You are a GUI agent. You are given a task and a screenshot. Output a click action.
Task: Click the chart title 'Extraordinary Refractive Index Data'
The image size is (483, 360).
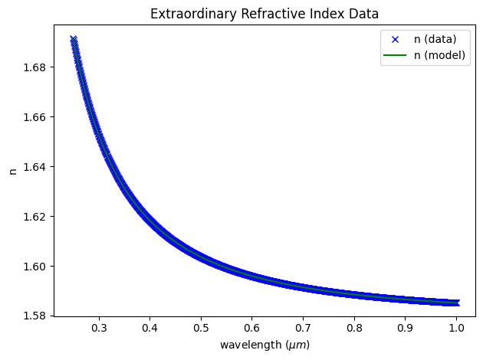coord(264,13)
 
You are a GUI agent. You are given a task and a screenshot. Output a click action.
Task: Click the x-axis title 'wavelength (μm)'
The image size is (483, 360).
coord(264,345)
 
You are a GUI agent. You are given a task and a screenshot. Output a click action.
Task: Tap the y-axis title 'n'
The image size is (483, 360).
coord(12,171)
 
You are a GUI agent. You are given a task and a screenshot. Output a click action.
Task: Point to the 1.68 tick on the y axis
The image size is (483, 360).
coord(33,67)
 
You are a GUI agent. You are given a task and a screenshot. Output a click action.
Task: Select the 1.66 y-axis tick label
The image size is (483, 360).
coord(33,117)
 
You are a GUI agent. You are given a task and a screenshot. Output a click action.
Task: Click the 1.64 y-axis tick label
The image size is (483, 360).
coord(33,167)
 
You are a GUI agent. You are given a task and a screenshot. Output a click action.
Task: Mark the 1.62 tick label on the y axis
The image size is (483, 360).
coord(33,217)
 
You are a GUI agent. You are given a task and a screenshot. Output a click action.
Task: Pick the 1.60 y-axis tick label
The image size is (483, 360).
coord(33,267)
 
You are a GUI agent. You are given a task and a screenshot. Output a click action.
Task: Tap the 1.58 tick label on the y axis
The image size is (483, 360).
coord(33,316)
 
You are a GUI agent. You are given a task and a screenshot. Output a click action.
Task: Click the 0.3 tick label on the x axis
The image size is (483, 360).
coord(99,329)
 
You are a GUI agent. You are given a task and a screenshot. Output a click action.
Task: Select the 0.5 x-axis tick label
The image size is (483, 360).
coord(201,329)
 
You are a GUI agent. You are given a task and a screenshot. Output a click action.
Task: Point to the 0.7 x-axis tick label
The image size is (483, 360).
coord(303,329)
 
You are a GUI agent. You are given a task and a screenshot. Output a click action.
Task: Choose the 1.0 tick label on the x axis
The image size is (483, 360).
coord(456,329)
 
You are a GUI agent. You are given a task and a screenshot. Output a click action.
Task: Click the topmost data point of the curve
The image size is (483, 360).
coord(74,38)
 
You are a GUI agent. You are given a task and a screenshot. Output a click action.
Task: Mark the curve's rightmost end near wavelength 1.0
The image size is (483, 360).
coord(456,303)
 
